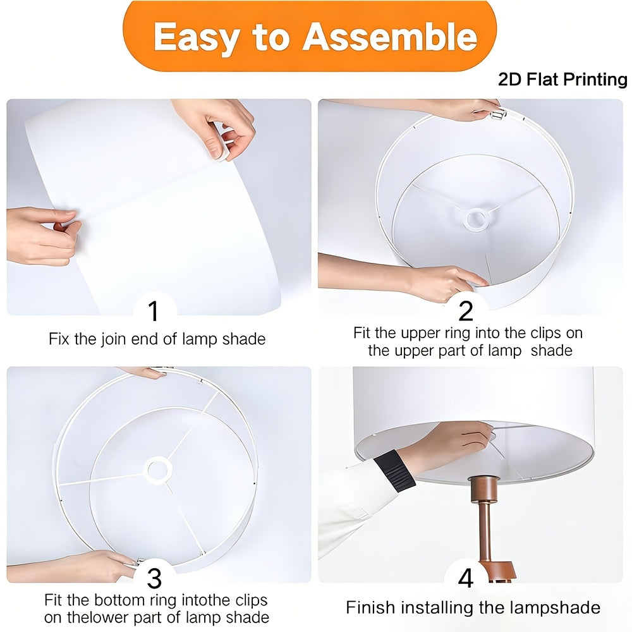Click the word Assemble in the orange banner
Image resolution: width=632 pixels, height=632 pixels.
coord(390,37)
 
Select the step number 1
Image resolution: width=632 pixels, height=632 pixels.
coord(154,311)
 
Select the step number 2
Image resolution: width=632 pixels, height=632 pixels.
coord(466,311)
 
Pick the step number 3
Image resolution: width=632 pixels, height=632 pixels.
coord(154,578)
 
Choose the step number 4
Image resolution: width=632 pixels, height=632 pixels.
coord(466,578)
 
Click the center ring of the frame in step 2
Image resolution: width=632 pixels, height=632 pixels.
coord(477,219)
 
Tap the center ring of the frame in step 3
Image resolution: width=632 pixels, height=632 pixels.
coord(157,470)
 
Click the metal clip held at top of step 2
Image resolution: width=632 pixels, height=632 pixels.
coord(498,114)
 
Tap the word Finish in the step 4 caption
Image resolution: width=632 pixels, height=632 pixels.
coord(370,607)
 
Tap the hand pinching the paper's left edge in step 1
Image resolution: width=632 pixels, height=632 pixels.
coord(42,234)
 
